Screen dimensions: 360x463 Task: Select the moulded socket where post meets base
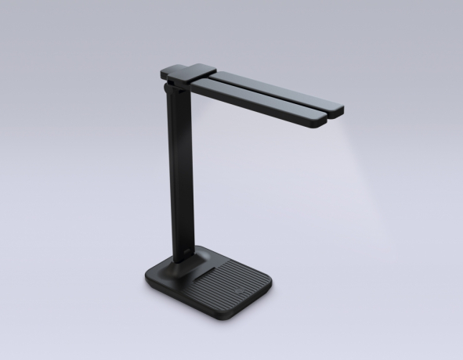(x=188, y=262)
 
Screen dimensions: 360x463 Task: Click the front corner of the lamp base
(x=223, y=315)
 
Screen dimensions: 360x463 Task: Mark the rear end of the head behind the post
(x=163, y=72)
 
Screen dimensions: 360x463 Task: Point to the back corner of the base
(x=205, y=248)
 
